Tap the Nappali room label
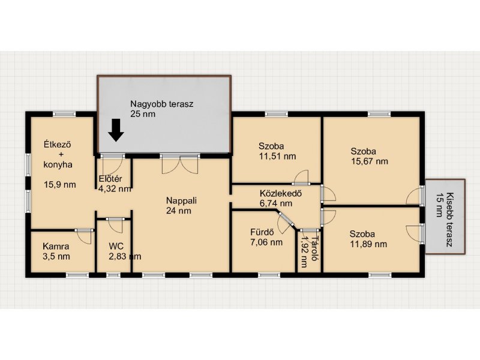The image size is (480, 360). (182, 200)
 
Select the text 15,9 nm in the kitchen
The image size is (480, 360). (60, 185)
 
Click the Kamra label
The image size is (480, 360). (56, 246)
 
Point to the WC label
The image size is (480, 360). (116, 246)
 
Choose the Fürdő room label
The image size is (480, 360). (262, 232)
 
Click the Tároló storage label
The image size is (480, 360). (314, 248)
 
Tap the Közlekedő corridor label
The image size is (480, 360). (281, 193)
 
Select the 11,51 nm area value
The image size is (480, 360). (277, 156)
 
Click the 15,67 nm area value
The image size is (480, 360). (370, 161)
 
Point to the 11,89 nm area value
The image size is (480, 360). (368, 244)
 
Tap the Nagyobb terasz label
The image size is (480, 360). (162, 104)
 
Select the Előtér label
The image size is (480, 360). (110, 179)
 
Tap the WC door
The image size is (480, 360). (115, 226)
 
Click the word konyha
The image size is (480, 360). (58, 164)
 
